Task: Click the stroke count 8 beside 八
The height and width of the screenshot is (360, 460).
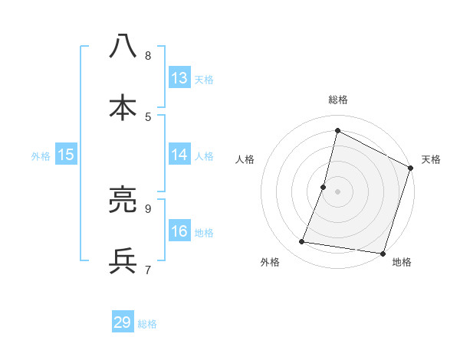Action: (148, 56)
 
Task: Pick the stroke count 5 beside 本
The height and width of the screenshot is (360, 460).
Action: (148, 116)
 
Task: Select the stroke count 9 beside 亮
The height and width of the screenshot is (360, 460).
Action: (148, 208)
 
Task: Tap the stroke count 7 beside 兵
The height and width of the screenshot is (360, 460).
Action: (148, 269)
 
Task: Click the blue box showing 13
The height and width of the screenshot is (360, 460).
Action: (179, 78)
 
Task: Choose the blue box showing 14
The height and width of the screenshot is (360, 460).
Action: (179, 155)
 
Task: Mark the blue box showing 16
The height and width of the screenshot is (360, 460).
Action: (179, 231)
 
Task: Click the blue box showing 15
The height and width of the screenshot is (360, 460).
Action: (66, 155)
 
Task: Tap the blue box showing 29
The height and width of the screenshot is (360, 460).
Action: (123, 322)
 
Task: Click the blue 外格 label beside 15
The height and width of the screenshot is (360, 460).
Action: (41, 155)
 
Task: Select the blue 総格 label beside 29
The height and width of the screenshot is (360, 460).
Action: (147, 323)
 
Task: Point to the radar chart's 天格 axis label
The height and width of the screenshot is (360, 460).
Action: (431, 159)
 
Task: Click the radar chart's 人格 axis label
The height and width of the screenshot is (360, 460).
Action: (245, 159)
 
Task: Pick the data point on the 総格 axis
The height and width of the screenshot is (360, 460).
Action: (337, 130)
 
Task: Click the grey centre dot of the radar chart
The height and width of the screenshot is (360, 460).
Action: (337, 191)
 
